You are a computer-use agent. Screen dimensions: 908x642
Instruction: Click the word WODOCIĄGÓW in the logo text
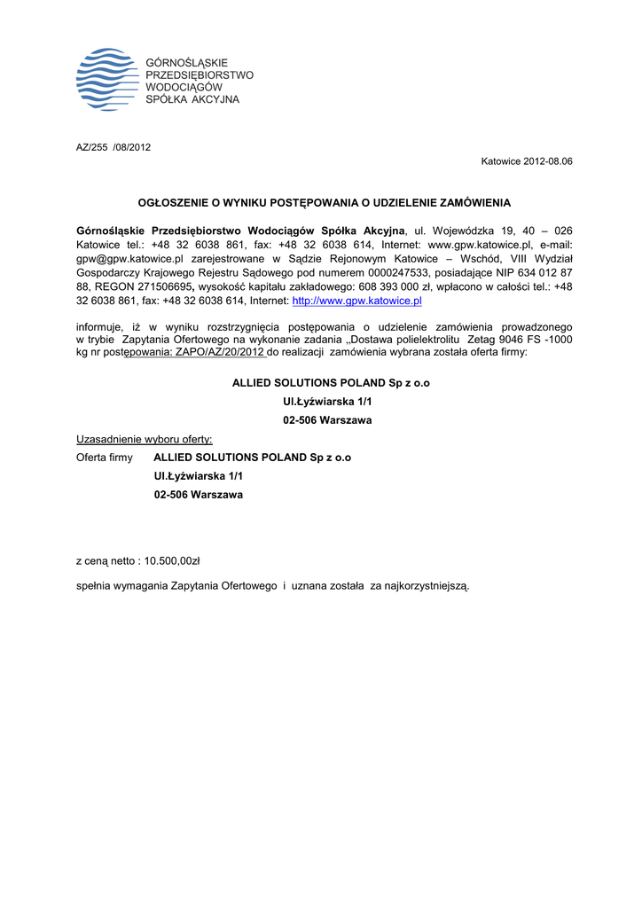pos(183,87)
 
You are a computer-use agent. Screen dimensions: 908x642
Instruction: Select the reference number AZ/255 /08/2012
pos(114,147)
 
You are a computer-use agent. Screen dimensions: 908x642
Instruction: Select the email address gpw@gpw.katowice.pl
pos(129,258)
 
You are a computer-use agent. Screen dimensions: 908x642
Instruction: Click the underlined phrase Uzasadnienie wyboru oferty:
pos(145,439)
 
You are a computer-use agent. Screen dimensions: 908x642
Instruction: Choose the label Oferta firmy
pos(105,458)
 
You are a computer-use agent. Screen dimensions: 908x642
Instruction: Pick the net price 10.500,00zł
pos(172,560)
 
